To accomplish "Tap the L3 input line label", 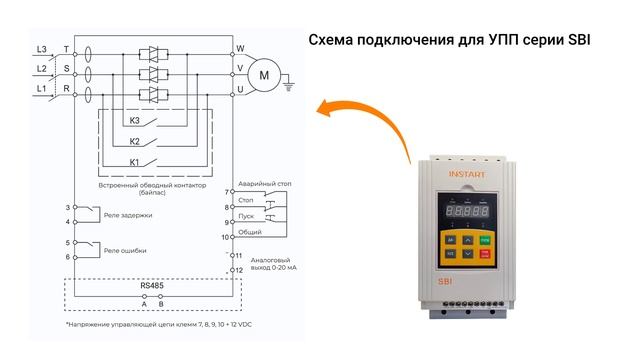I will [x=41, y=48].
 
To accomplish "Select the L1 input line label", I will [x=41, y=89].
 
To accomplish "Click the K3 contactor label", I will [x=135, y=121].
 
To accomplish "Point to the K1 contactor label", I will [x=135, y=161].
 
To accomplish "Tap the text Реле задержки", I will [x=128, y=213].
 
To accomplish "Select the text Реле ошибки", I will [x=126, y=249].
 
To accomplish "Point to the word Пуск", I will [x=246, y=215].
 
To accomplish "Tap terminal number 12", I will [x=237, y=270].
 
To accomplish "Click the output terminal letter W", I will [x=240, y=48].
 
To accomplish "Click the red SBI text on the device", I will [x=447, y=285].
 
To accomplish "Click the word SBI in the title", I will [x=579, y=41].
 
